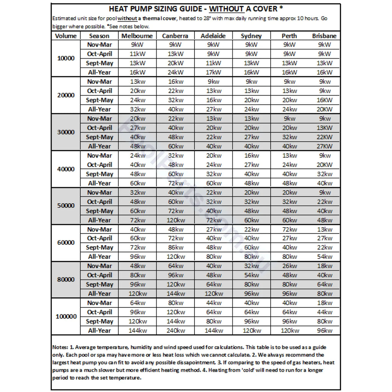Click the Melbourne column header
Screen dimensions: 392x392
point(137,36)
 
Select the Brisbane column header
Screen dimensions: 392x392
point(324,36)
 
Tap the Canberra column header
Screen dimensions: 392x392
point(175,36)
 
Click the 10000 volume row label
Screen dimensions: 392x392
point(66,59)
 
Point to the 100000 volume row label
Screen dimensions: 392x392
point(66,317)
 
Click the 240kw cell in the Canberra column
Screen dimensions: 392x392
point(175,331)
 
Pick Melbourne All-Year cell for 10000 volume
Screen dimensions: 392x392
point(137,72)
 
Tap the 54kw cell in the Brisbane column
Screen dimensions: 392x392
point(324,257)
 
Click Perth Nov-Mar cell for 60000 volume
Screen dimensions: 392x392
point(289,229)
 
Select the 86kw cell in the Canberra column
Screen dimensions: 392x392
point(175,248)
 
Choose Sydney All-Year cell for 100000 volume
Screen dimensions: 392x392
point(252,331)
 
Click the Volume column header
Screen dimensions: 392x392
point(66,36)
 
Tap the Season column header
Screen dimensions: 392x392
point(99,36)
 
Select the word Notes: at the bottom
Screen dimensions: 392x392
point(60,347)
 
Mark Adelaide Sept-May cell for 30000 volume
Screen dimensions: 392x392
point(213,137)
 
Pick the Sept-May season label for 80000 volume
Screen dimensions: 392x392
point(100,284)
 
